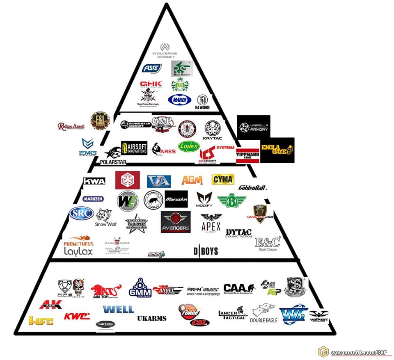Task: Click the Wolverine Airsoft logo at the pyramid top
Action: [x=165, y=50]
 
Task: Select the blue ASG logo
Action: [x=151, y=68]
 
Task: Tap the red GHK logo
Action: [x=151, y=84]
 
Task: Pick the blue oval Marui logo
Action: [x=179, y=99]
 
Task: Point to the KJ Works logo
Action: [x=202, y=101]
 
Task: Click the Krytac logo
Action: [x=213, y=130]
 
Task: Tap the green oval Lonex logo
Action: [x=189, y=146]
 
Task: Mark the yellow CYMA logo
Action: [x=223, y=179]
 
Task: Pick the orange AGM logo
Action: [x=192, y=180]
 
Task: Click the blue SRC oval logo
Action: [x=81, y=214]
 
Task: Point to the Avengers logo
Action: [x=176, y=223]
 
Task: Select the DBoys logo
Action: [x=206, y=251]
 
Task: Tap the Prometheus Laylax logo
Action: [x=78, y=247]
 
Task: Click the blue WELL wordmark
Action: [x=118, y=309]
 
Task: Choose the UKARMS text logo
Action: [x=151, y=318]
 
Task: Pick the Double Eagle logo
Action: [x=263, y=314]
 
